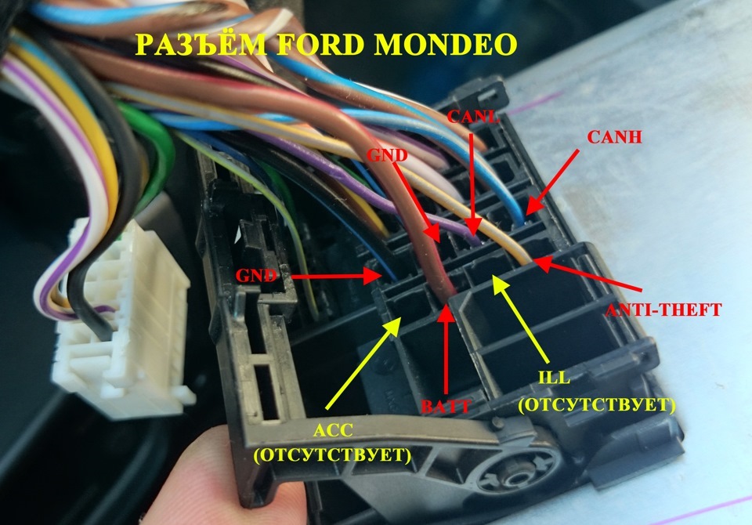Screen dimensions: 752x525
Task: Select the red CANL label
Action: [470, 117]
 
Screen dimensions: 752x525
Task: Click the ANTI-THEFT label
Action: [663, 310]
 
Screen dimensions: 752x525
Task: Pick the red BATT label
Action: [446, 406]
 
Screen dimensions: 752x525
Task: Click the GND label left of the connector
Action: [255, 275]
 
